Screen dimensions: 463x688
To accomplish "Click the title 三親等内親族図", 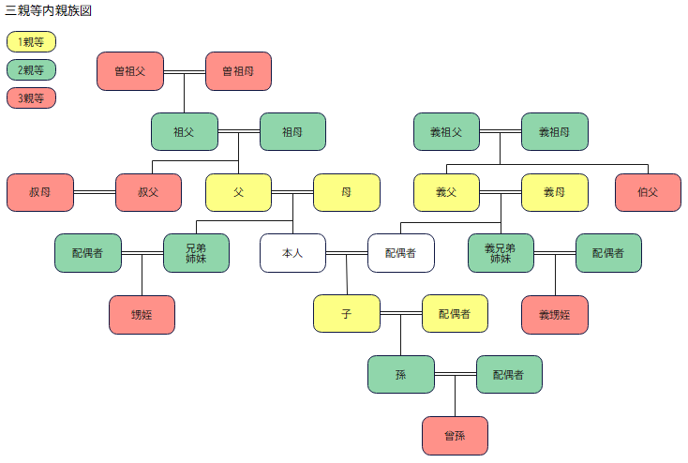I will click(49, 11).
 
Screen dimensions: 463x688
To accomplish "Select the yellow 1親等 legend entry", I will click(31, 42).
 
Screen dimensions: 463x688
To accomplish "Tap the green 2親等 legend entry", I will click(31, 70).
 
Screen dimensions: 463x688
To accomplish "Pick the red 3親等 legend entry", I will click(31, 98).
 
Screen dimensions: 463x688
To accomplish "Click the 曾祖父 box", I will click(130, 71).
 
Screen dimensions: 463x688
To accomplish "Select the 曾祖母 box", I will click(238, 71).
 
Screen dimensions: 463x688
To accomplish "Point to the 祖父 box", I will click(185, 132).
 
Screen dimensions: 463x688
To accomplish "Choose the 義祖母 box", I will click(555, 132).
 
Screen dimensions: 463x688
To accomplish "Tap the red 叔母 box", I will click(39, 193).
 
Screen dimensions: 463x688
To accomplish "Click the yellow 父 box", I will click(238, 193).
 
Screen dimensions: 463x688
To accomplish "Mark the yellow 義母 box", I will click(555, 193).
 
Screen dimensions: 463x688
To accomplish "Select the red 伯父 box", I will click(648, 193).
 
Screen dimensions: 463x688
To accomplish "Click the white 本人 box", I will click(292, 253).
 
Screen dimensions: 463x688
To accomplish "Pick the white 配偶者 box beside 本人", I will click(400, 253).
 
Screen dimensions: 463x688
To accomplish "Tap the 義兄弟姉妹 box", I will click(501, 253).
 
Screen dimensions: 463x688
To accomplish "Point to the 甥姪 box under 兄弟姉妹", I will click(142, 315).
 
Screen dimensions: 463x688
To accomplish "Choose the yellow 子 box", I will click(347, 314).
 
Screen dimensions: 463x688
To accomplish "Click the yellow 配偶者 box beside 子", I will click(455, 314).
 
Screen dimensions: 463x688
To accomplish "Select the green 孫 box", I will click(400, 375).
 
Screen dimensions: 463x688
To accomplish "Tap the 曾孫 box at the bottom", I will click(455, 436).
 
